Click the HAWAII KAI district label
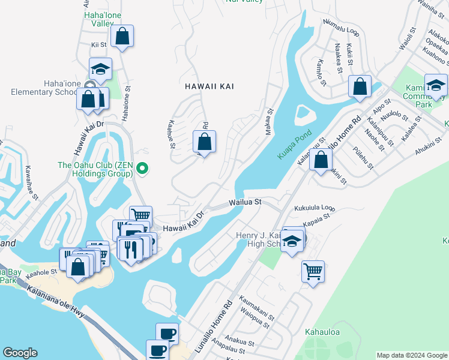[x=209, y=86]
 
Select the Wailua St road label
[x=244, y=202]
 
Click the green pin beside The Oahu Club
[x=142, y=169]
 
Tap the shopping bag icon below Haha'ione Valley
[x=122, y=36]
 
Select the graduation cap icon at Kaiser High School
[x=292, y=241]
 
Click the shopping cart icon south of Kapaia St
[x=313, y=271]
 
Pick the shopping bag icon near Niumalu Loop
[x=360, y=86]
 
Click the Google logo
[x=20, y=353]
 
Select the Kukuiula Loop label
[x=314, y=209]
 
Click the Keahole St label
[x=41, y=271]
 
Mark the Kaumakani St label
[x=257, y=305]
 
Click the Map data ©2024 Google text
[x=412, y=355]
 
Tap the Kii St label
[x=98, y=44]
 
